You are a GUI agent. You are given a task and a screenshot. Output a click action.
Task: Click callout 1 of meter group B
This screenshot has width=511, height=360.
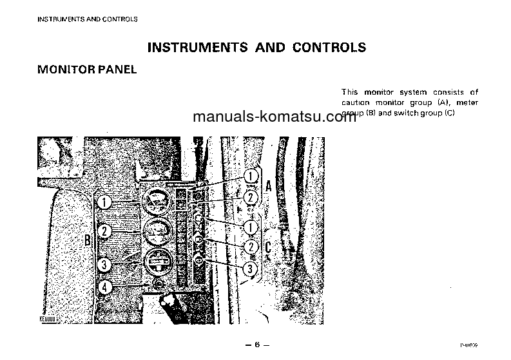[x=104, y=202]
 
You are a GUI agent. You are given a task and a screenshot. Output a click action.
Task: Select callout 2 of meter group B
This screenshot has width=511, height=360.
[x=104, y=231]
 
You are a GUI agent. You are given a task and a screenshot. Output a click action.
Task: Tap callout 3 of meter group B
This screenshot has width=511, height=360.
[x=104, y=264]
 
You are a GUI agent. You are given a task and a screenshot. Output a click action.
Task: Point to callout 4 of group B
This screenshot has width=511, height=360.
[x=104, y=287]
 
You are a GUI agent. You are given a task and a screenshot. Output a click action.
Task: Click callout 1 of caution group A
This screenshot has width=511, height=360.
[x=251, y=176]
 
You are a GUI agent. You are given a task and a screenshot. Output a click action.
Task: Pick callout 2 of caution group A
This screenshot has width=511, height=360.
[x=251, y=197]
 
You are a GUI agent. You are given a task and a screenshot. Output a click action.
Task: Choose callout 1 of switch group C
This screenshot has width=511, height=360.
[x=251, y=227]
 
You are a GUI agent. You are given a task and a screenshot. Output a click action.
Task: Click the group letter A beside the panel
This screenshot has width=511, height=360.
[x=267, y=186]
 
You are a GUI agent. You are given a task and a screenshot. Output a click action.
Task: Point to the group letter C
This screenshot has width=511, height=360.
[x=268, y=246]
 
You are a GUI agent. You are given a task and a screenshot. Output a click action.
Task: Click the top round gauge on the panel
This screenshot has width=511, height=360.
[x=155, y=202]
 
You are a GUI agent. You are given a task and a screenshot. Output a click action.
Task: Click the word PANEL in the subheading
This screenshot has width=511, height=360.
[x=116, y=70]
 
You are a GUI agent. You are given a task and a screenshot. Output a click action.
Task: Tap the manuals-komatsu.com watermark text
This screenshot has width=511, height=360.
[x=274, y=118]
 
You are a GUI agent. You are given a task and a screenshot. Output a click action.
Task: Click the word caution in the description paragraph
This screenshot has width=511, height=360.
[x=356, y=102]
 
